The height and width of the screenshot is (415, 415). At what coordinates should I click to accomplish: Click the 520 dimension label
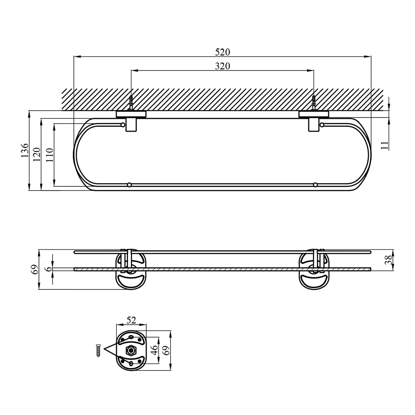222,52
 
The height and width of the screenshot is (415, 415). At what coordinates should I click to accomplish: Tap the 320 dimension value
222,66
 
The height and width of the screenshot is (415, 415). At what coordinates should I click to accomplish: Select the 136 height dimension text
24,150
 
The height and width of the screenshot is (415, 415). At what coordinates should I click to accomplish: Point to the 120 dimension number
37,154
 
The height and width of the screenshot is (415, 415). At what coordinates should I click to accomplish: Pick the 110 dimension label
49,155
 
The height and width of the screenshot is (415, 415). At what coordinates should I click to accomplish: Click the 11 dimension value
385,145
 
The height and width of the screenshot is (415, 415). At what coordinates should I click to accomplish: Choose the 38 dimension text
388,260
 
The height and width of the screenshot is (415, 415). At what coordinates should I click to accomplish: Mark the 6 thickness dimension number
49,269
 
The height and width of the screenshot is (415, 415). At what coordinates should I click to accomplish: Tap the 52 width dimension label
131,320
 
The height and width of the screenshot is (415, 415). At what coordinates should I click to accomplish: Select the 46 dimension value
154,350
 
